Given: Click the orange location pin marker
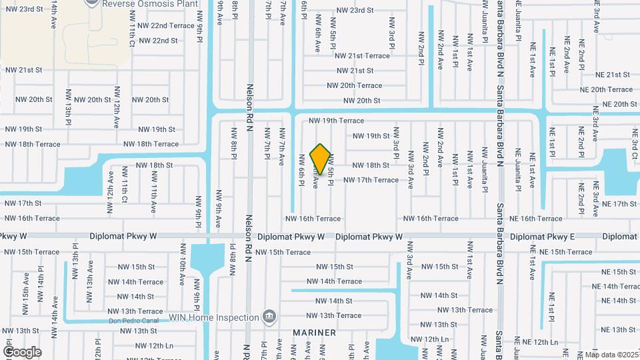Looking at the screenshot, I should point(321,160).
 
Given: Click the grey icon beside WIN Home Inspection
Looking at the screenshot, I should point(269,315).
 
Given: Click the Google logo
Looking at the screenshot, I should point(22,351).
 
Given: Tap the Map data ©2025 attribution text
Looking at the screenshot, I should point(612,355).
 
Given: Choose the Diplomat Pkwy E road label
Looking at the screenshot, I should point(542,237).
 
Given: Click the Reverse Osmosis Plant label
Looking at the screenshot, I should point(151,3).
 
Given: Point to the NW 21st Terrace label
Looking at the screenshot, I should point(362,56).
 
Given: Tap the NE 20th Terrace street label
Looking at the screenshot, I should point(606,89).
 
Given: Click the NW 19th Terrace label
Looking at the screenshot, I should point(337,121).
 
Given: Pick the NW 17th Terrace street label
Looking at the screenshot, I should point(371,180).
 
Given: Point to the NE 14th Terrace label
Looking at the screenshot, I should point(614,287).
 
